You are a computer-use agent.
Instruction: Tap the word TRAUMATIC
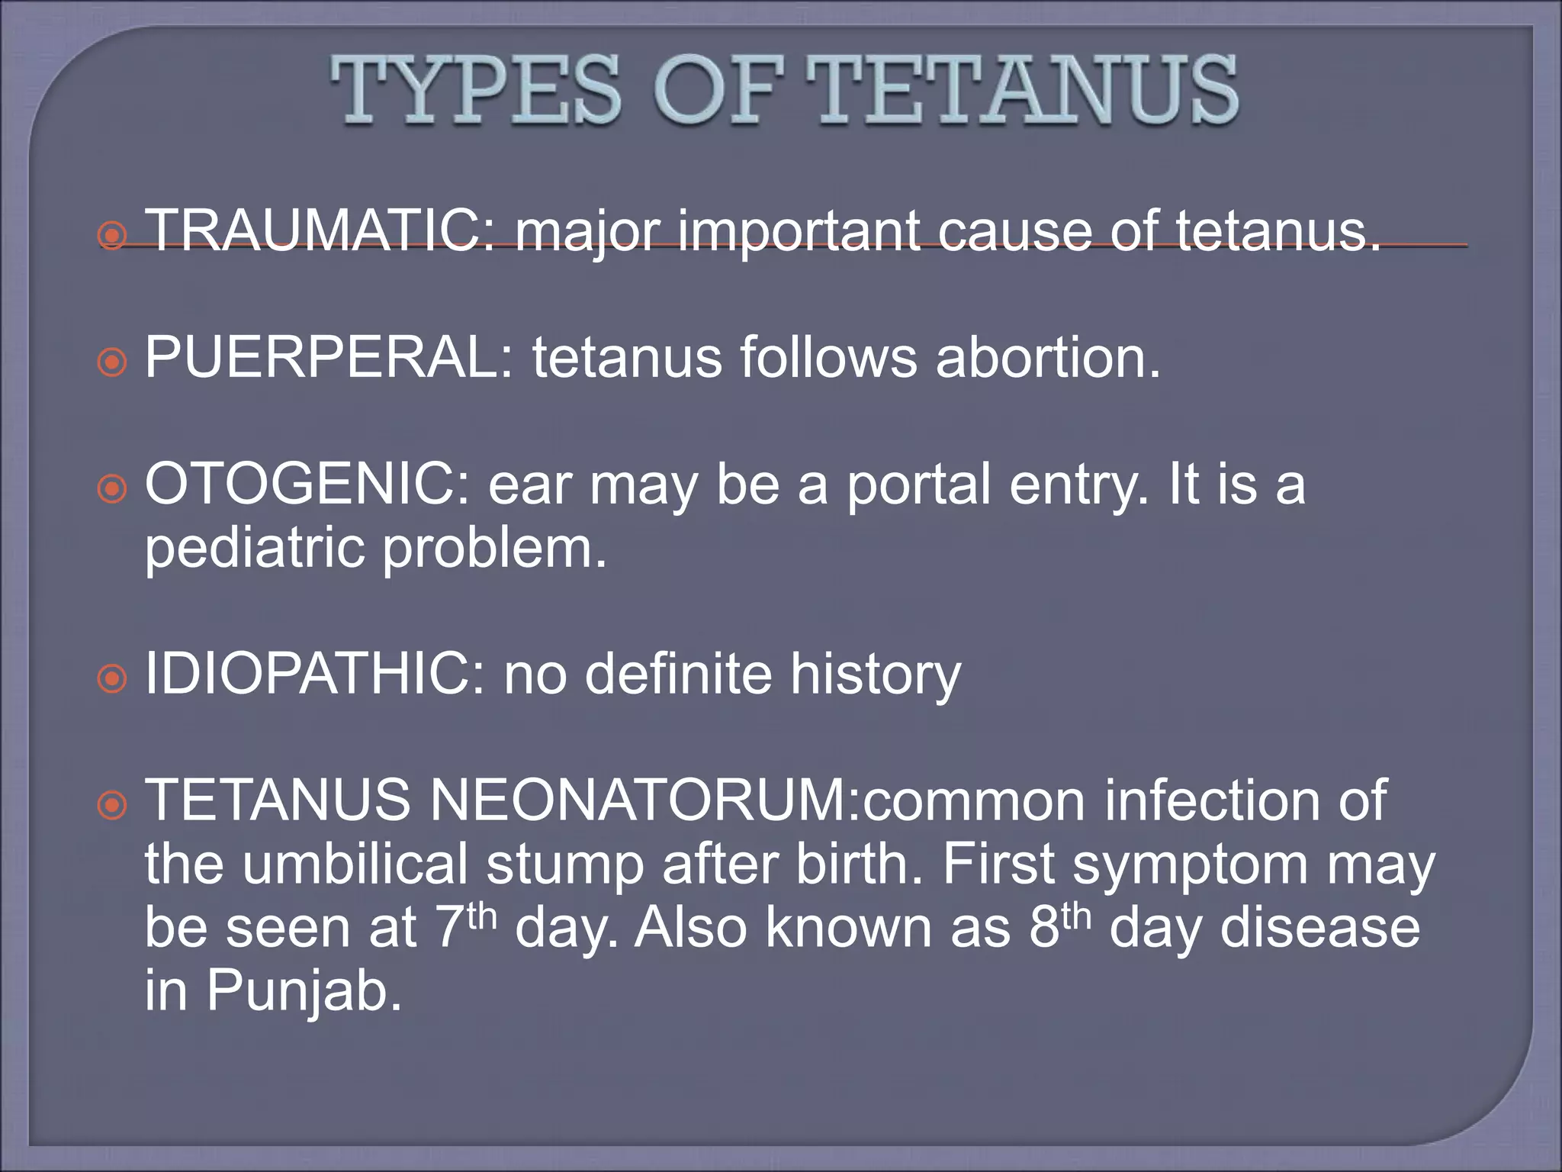coord(320,230)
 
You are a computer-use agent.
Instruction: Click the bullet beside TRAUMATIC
coord(112,235)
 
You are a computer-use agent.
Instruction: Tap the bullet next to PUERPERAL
coord(112,362)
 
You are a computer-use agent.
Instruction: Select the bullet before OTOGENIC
coord(112,488)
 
